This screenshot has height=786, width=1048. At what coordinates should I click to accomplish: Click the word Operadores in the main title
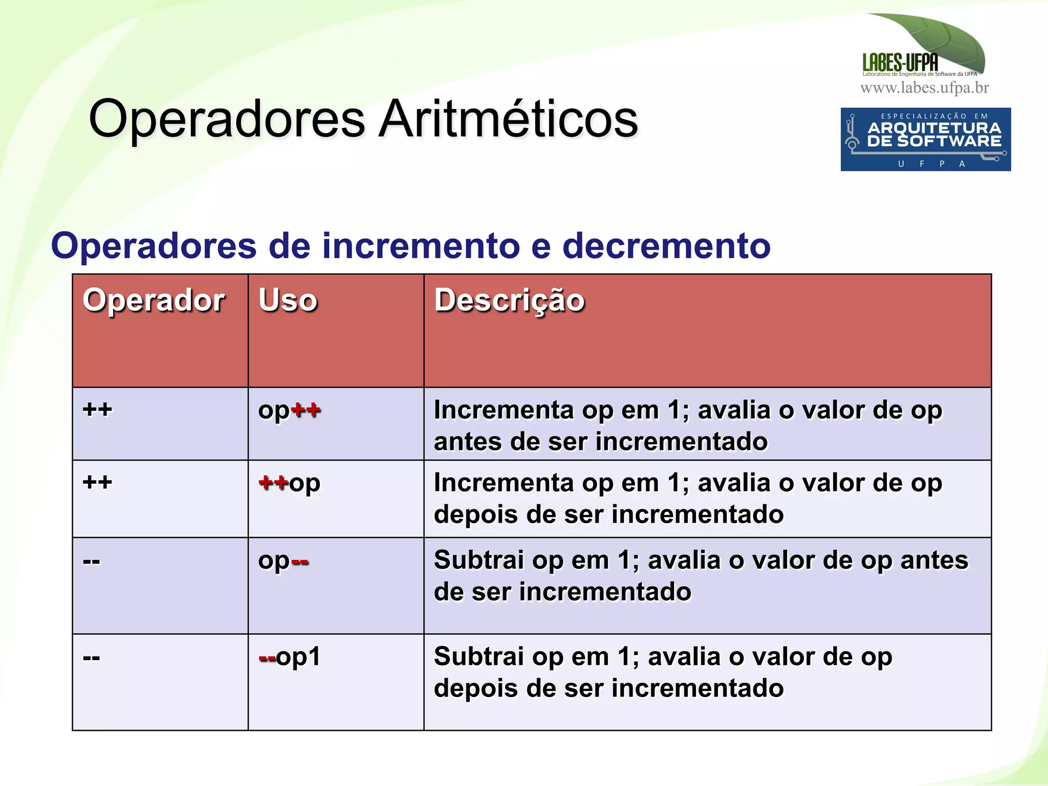(x=227, y=119)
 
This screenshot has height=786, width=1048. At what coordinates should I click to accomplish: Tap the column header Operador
(x=154, y=300)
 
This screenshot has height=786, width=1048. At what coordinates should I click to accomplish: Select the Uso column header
(x=288, y=300)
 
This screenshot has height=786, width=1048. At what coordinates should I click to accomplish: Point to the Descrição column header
(x=509, y=300)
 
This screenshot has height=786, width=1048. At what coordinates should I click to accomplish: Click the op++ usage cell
(x=289, y=411)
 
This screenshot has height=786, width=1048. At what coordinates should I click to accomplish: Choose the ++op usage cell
(x=289, y=483)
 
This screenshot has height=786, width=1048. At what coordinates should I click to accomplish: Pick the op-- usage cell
(x=283, y=561)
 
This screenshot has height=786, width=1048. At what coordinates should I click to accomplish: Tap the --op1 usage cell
(x=289, y=657)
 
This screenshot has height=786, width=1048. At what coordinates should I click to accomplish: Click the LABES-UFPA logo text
(x=900, y=63)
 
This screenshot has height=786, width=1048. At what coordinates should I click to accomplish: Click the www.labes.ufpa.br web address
(x=924, y=88)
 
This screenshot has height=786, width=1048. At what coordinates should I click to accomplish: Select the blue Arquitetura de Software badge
(x=925, y=139)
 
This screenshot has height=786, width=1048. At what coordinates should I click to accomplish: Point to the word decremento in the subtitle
(x=666, y=246)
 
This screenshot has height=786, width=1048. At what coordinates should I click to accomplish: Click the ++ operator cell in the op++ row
(x=97, y=410)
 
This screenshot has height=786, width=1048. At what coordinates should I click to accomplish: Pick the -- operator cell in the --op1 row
(x=92, y=658)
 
